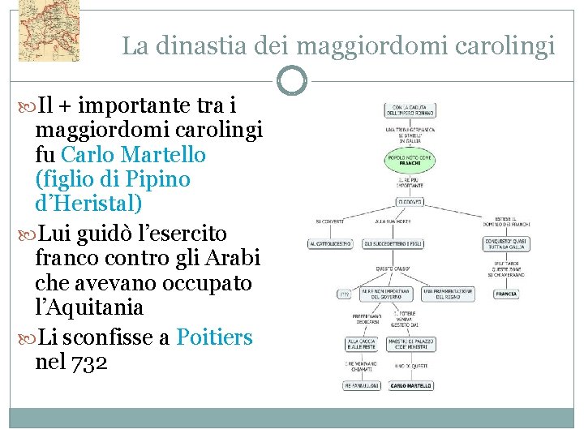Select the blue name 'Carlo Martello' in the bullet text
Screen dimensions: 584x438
(133, 154)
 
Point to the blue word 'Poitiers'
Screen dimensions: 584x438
(214, 337)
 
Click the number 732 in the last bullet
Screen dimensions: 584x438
(89, 362)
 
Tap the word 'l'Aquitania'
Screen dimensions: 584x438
(90, 308)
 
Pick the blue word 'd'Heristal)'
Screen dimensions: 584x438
(89, 203)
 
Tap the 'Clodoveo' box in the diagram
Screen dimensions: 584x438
(410, 201)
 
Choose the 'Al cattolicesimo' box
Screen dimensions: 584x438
(330, 243)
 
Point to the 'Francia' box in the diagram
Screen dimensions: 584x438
(506, 294)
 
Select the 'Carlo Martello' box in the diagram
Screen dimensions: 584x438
(410, 386)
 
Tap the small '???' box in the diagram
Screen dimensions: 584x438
(344, 294)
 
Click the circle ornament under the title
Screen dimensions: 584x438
(292, 80)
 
